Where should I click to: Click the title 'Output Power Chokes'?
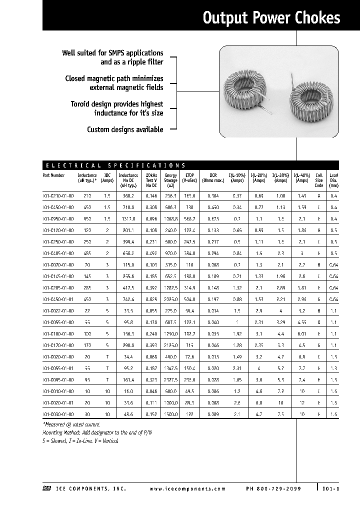tap(271, 18)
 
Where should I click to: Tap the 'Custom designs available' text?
tap(125, 129)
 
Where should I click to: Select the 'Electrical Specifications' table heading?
tap(115, 164)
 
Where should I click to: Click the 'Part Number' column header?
tap(54, 175)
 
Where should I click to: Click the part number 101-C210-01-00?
tap(58, 196)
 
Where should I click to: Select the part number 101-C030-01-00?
tap(58, 415)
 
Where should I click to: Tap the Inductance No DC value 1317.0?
tap(129, 219)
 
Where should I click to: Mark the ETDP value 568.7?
tap(189, 219)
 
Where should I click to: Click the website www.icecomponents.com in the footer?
tap(187, 489)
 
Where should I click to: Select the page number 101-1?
tap(331, 489)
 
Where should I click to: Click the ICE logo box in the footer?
tap(46, 489)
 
